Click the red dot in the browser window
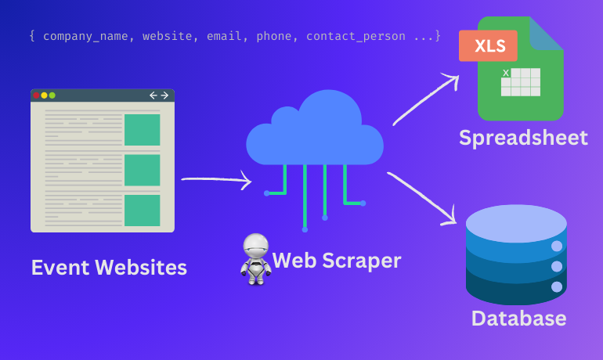point(36,95)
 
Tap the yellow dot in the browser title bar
point(45,95)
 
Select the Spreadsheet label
point(523,139)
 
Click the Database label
point(518,319)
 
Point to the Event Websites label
point(109,268)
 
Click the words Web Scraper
point(337,260)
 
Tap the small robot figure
point(255,259)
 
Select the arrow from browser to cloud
point(216,181)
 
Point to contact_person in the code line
point(356,36)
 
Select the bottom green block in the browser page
point(142,211)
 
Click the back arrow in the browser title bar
point(153,95)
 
